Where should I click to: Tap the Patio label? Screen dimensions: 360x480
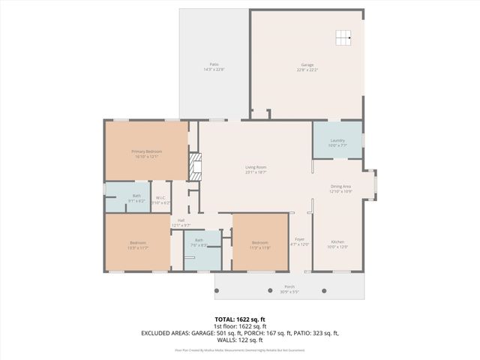214,67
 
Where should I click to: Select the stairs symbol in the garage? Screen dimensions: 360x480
343,37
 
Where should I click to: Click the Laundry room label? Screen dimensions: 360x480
337,142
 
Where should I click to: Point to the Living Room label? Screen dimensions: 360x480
256,169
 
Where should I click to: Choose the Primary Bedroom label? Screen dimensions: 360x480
146,154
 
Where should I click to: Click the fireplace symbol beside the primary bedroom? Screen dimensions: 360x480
195,166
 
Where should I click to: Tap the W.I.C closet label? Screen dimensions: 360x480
161,200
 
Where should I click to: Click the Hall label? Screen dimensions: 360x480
181,222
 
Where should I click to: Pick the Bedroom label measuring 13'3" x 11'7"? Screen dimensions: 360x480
137,244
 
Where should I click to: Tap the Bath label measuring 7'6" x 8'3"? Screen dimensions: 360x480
198,243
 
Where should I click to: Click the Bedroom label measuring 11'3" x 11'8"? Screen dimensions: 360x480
259,244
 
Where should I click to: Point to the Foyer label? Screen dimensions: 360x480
299,241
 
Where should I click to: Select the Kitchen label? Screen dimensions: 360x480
337,244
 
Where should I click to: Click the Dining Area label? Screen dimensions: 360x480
340,188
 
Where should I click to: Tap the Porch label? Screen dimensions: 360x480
289,288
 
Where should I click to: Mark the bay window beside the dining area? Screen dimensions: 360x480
373,184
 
